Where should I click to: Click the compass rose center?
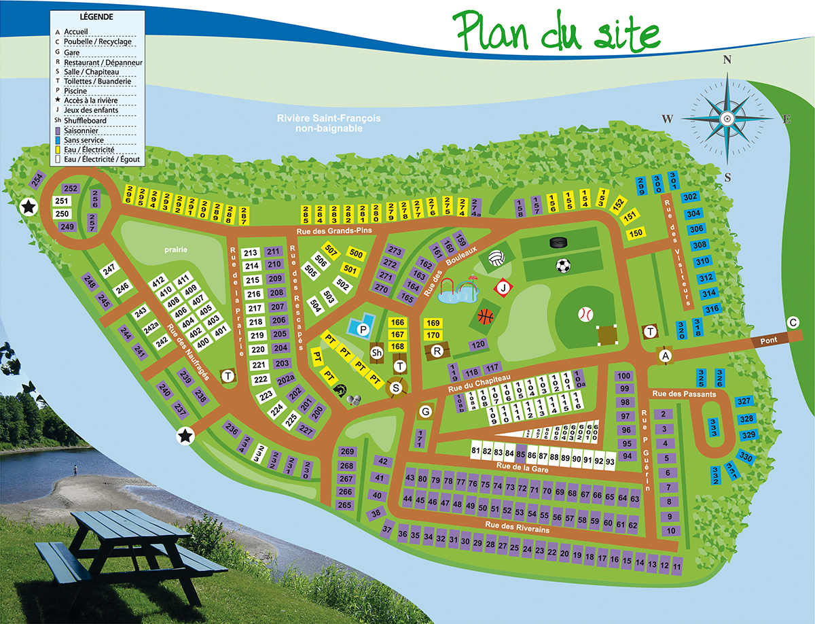click(x=727, y=118)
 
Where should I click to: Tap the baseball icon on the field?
click(x=585, y=314)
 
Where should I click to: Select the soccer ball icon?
click(x=563, y=266)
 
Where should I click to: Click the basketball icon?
click(x=485, y=316)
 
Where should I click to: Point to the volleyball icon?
click(x=495, y=258)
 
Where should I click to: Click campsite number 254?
click(x=37, y=181)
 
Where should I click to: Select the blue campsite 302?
click(x=691, y=197)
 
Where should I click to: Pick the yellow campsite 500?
click(x=355, y=254)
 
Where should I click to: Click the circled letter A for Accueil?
click(x=666, y=356)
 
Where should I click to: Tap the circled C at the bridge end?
click(x=792, y=322)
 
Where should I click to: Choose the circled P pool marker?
click(x=363, y=330)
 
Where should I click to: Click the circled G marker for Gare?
click(x=426, y=411)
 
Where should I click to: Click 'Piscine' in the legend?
click(x=75, y=90)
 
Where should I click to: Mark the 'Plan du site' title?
click(x=557, y=31)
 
